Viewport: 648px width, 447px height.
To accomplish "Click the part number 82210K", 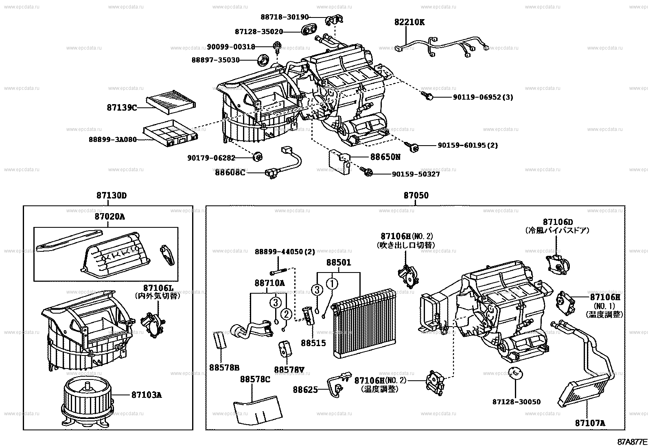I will coord(409,22).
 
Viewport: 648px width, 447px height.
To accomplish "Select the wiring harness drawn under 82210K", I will coord(440,45).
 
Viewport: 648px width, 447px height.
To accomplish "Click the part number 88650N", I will coord(385,157).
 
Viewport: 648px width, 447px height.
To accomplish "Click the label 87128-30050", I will coord(516,402).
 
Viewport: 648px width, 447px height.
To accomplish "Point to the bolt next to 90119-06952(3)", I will coord(428,96).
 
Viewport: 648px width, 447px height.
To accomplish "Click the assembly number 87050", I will coord(416,195).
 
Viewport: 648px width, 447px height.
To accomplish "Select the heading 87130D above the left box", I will coord(112,195).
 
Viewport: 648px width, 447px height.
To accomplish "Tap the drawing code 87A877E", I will coord(632,442).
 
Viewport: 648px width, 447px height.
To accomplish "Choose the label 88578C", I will coord(255,379).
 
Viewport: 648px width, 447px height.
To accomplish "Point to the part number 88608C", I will coord(230,172).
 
